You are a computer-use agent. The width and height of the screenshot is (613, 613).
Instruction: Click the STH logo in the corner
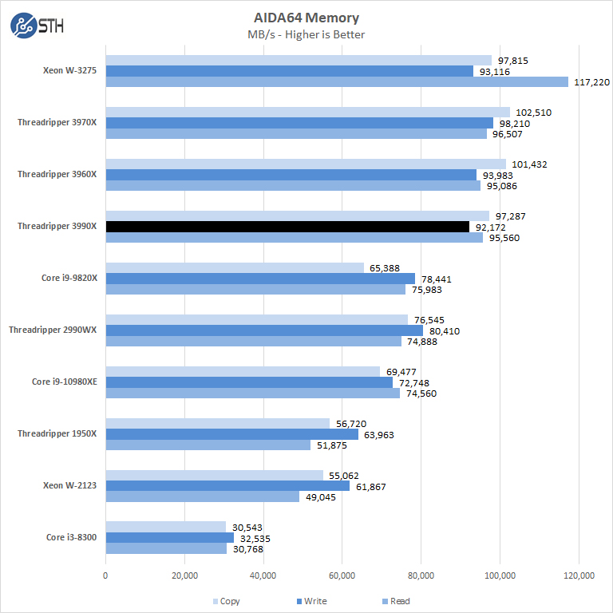point(37,26)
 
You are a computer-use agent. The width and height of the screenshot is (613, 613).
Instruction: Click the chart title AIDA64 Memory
point(306,18)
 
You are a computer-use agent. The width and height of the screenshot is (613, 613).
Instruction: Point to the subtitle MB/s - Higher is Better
point(306,34)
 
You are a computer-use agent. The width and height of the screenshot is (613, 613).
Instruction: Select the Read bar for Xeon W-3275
point(337,81)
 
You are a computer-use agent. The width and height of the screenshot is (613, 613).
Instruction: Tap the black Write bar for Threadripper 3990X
point(287,227)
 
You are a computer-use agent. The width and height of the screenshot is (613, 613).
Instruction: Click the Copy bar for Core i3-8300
point(165,527)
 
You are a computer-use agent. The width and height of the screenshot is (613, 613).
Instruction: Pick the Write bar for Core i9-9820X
point(260,279)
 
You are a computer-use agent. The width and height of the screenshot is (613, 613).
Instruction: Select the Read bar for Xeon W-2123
point(202,496)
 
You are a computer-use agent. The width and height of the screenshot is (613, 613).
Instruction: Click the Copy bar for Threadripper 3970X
point(307,113)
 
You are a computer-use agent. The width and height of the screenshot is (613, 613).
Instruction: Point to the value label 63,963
point(378,435)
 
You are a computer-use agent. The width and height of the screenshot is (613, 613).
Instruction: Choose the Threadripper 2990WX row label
point(53,330)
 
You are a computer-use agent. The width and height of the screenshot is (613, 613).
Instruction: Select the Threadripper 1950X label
point(57,433)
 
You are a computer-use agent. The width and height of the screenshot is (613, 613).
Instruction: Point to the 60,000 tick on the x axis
point(342,575)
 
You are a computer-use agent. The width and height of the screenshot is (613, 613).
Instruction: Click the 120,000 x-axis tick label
point(578,575)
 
